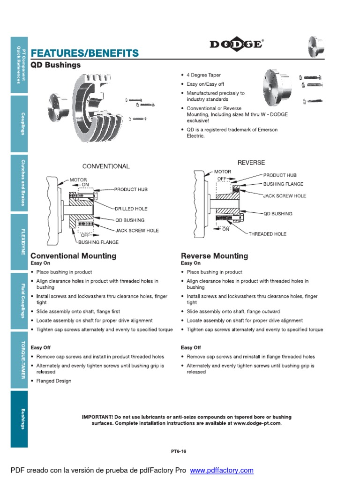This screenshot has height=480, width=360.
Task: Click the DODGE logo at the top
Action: [236, 44]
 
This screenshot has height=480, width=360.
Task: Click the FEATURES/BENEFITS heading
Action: [84, 52]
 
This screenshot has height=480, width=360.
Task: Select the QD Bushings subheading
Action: [55, 65]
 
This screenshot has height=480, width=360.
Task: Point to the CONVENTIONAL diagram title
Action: [106, 166]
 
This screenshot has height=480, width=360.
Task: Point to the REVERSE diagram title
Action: [251, 163]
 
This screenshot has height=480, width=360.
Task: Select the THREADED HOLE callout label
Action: [267, 233]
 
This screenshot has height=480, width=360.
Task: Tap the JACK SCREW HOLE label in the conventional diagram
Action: [137, 231]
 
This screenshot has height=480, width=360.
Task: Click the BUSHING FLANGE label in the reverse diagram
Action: [283, 184]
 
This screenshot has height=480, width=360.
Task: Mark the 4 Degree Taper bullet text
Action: [203, 75]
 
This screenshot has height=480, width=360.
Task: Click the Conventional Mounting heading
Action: [73, 256]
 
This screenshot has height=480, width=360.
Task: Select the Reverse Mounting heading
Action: [214, 256]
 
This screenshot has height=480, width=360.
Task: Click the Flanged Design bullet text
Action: [54, 381]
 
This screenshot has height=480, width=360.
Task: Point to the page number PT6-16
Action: [179, 451]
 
